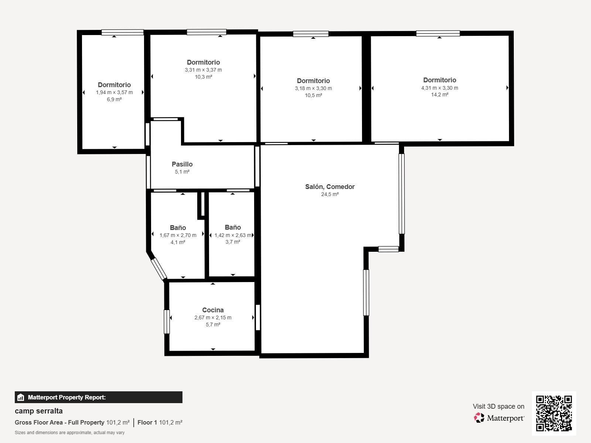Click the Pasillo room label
coord(182,164)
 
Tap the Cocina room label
coord(213,310)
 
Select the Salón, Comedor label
coord(330,187)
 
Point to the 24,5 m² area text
coord(330,194)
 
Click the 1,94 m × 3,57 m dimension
coord(114,92)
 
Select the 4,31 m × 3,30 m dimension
coord(440,88)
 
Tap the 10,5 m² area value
coord(313,95)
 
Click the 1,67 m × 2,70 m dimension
coord(178,235)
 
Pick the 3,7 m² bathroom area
coord(233,242)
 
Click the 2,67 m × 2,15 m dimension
coord(213,317)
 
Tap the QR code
coord(554,413)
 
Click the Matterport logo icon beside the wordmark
coord(479,418)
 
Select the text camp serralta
coord(38,411)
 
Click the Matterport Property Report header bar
coord(99,397)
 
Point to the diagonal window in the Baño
coord(158,269)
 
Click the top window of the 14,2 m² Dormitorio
coord(438,33)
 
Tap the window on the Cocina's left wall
coord(167,322)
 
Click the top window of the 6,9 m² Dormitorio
coord(123,32)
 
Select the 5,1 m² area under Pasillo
coord(182,172)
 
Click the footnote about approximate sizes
coord(69,433)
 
